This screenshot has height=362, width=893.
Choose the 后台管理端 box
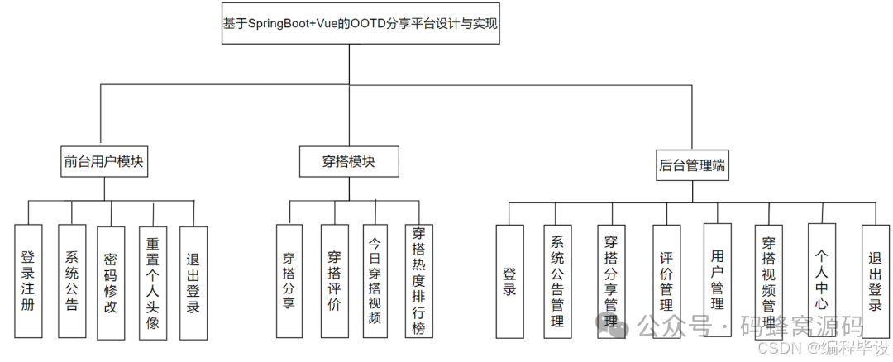point(693,164)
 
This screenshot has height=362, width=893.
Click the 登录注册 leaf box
point(28,280)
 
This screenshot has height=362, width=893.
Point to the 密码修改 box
point(110,281)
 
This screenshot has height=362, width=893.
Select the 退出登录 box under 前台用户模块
point(193,281)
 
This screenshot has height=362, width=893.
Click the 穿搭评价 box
point(334,281)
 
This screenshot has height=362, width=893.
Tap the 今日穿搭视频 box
point(375,281)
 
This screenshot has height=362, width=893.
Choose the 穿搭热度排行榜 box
point(418,281)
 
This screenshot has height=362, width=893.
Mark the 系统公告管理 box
point(557,281)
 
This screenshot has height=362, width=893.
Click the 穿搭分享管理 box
point(612,281)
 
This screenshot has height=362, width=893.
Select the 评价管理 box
point(666,281)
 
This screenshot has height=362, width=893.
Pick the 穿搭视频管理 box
point(769,281)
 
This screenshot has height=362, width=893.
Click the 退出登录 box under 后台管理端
point(875,281)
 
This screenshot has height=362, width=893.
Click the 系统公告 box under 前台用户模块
point(71,281)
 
